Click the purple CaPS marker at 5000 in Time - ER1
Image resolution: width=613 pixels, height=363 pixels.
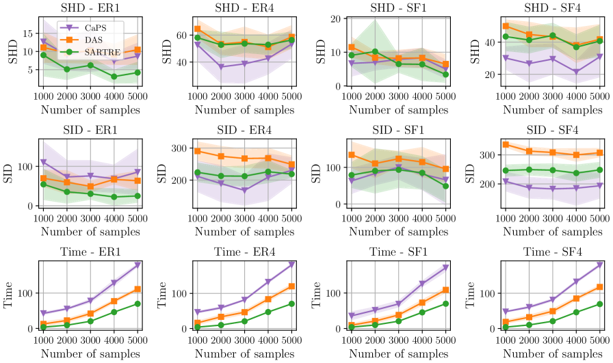pos(138,265)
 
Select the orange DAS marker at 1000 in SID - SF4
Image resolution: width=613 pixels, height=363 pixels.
pos(506,144)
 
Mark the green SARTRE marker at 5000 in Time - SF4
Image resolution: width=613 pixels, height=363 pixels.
pos(600,304)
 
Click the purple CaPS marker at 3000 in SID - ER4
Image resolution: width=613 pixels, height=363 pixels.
pos(244,191)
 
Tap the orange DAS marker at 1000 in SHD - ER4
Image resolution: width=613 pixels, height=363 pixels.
pos(197,29)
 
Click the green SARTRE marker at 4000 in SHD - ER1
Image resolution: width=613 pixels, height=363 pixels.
pos(114,77)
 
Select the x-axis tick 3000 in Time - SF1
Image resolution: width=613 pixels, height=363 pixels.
pos(398,340)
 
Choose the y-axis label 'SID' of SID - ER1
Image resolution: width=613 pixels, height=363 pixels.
pos(9,174)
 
